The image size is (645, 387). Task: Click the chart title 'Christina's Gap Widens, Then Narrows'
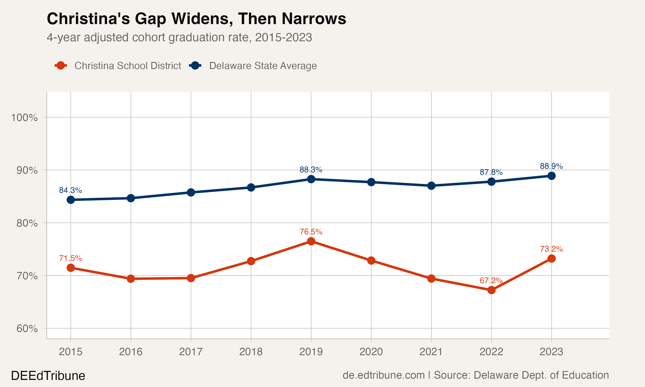click(x=196, y=19)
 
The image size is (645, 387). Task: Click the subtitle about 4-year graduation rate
click(x=179, y=37)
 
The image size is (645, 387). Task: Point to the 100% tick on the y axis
click(x=24, y=117)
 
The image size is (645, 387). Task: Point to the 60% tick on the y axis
click(x=27, y=328)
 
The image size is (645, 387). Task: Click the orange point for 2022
click(x=491, y=290)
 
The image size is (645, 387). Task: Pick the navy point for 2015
click(x=71, y=200)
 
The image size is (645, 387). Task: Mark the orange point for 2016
click(x=131, y=279)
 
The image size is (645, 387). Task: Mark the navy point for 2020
click(x=371, y=182)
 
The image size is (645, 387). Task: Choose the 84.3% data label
click(x=71, y=190)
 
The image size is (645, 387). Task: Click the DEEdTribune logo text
click(x=48, y=376)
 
